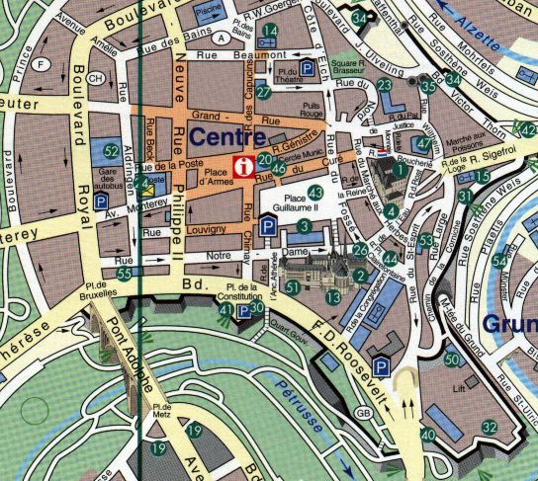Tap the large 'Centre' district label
tap(229, 137)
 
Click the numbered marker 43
tap(315, 193)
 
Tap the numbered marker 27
tap(263, 92)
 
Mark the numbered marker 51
tap(292, 286)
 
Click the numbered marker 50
tap(452, 360)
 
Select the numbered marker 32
tap(490, 427)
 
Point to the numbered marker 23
tap(385, 86)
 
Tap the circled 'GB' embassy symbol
tap(363, 412)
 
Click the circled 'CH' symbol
tap(96, 78)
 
